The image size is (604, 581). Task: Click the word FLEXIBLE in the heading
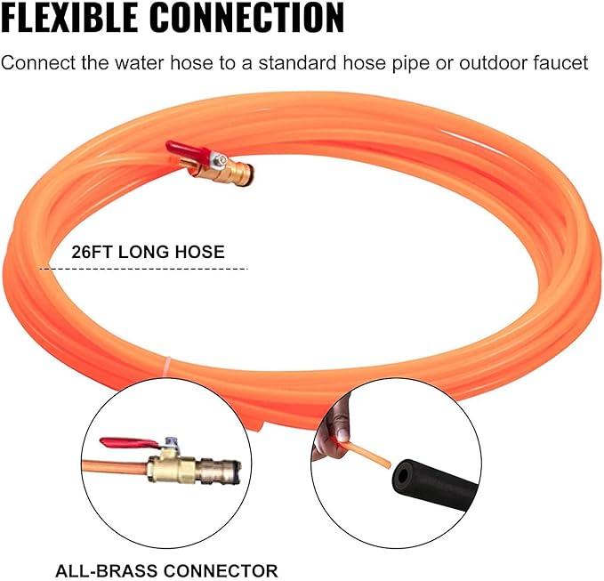point(69,17)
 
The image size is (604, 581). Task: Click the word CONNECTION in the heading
point(246,17)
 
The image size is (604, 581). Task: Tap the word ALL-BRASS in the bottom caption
point(106,570)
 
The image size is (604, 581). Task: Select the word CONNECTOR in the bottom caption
point(221,570)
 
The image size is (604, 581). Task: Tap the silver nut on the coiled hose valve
point(221,158)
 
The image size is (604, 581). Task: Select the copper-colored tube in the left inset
point(115,467)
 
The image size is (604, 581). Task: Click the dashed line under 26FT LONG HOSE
point(144,269)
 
